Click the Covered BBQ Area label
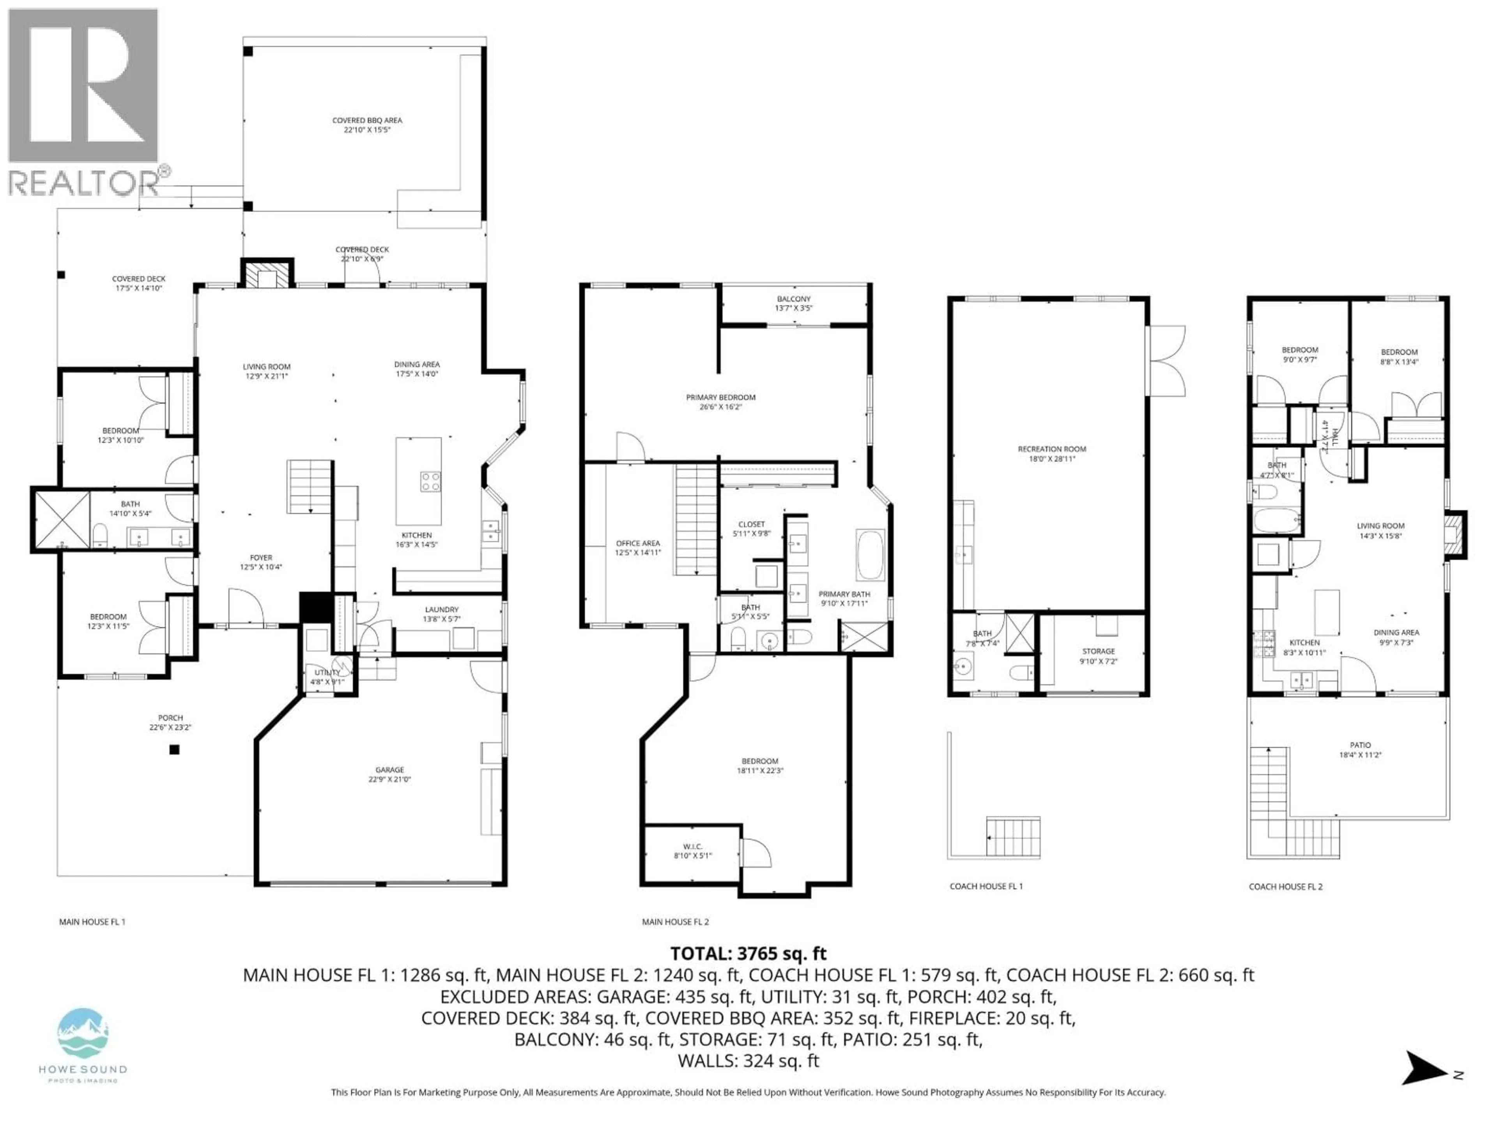pos(367,124)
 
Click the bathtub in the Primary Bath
pos(870,555)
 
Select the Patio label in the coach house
pos(1360,749)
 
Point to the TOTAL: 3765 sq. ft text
pos(748,954)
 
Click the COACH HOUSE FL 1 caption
pos(986,886)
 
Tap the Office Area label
pos(637,547)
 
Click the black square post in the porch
pos(175,749)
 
